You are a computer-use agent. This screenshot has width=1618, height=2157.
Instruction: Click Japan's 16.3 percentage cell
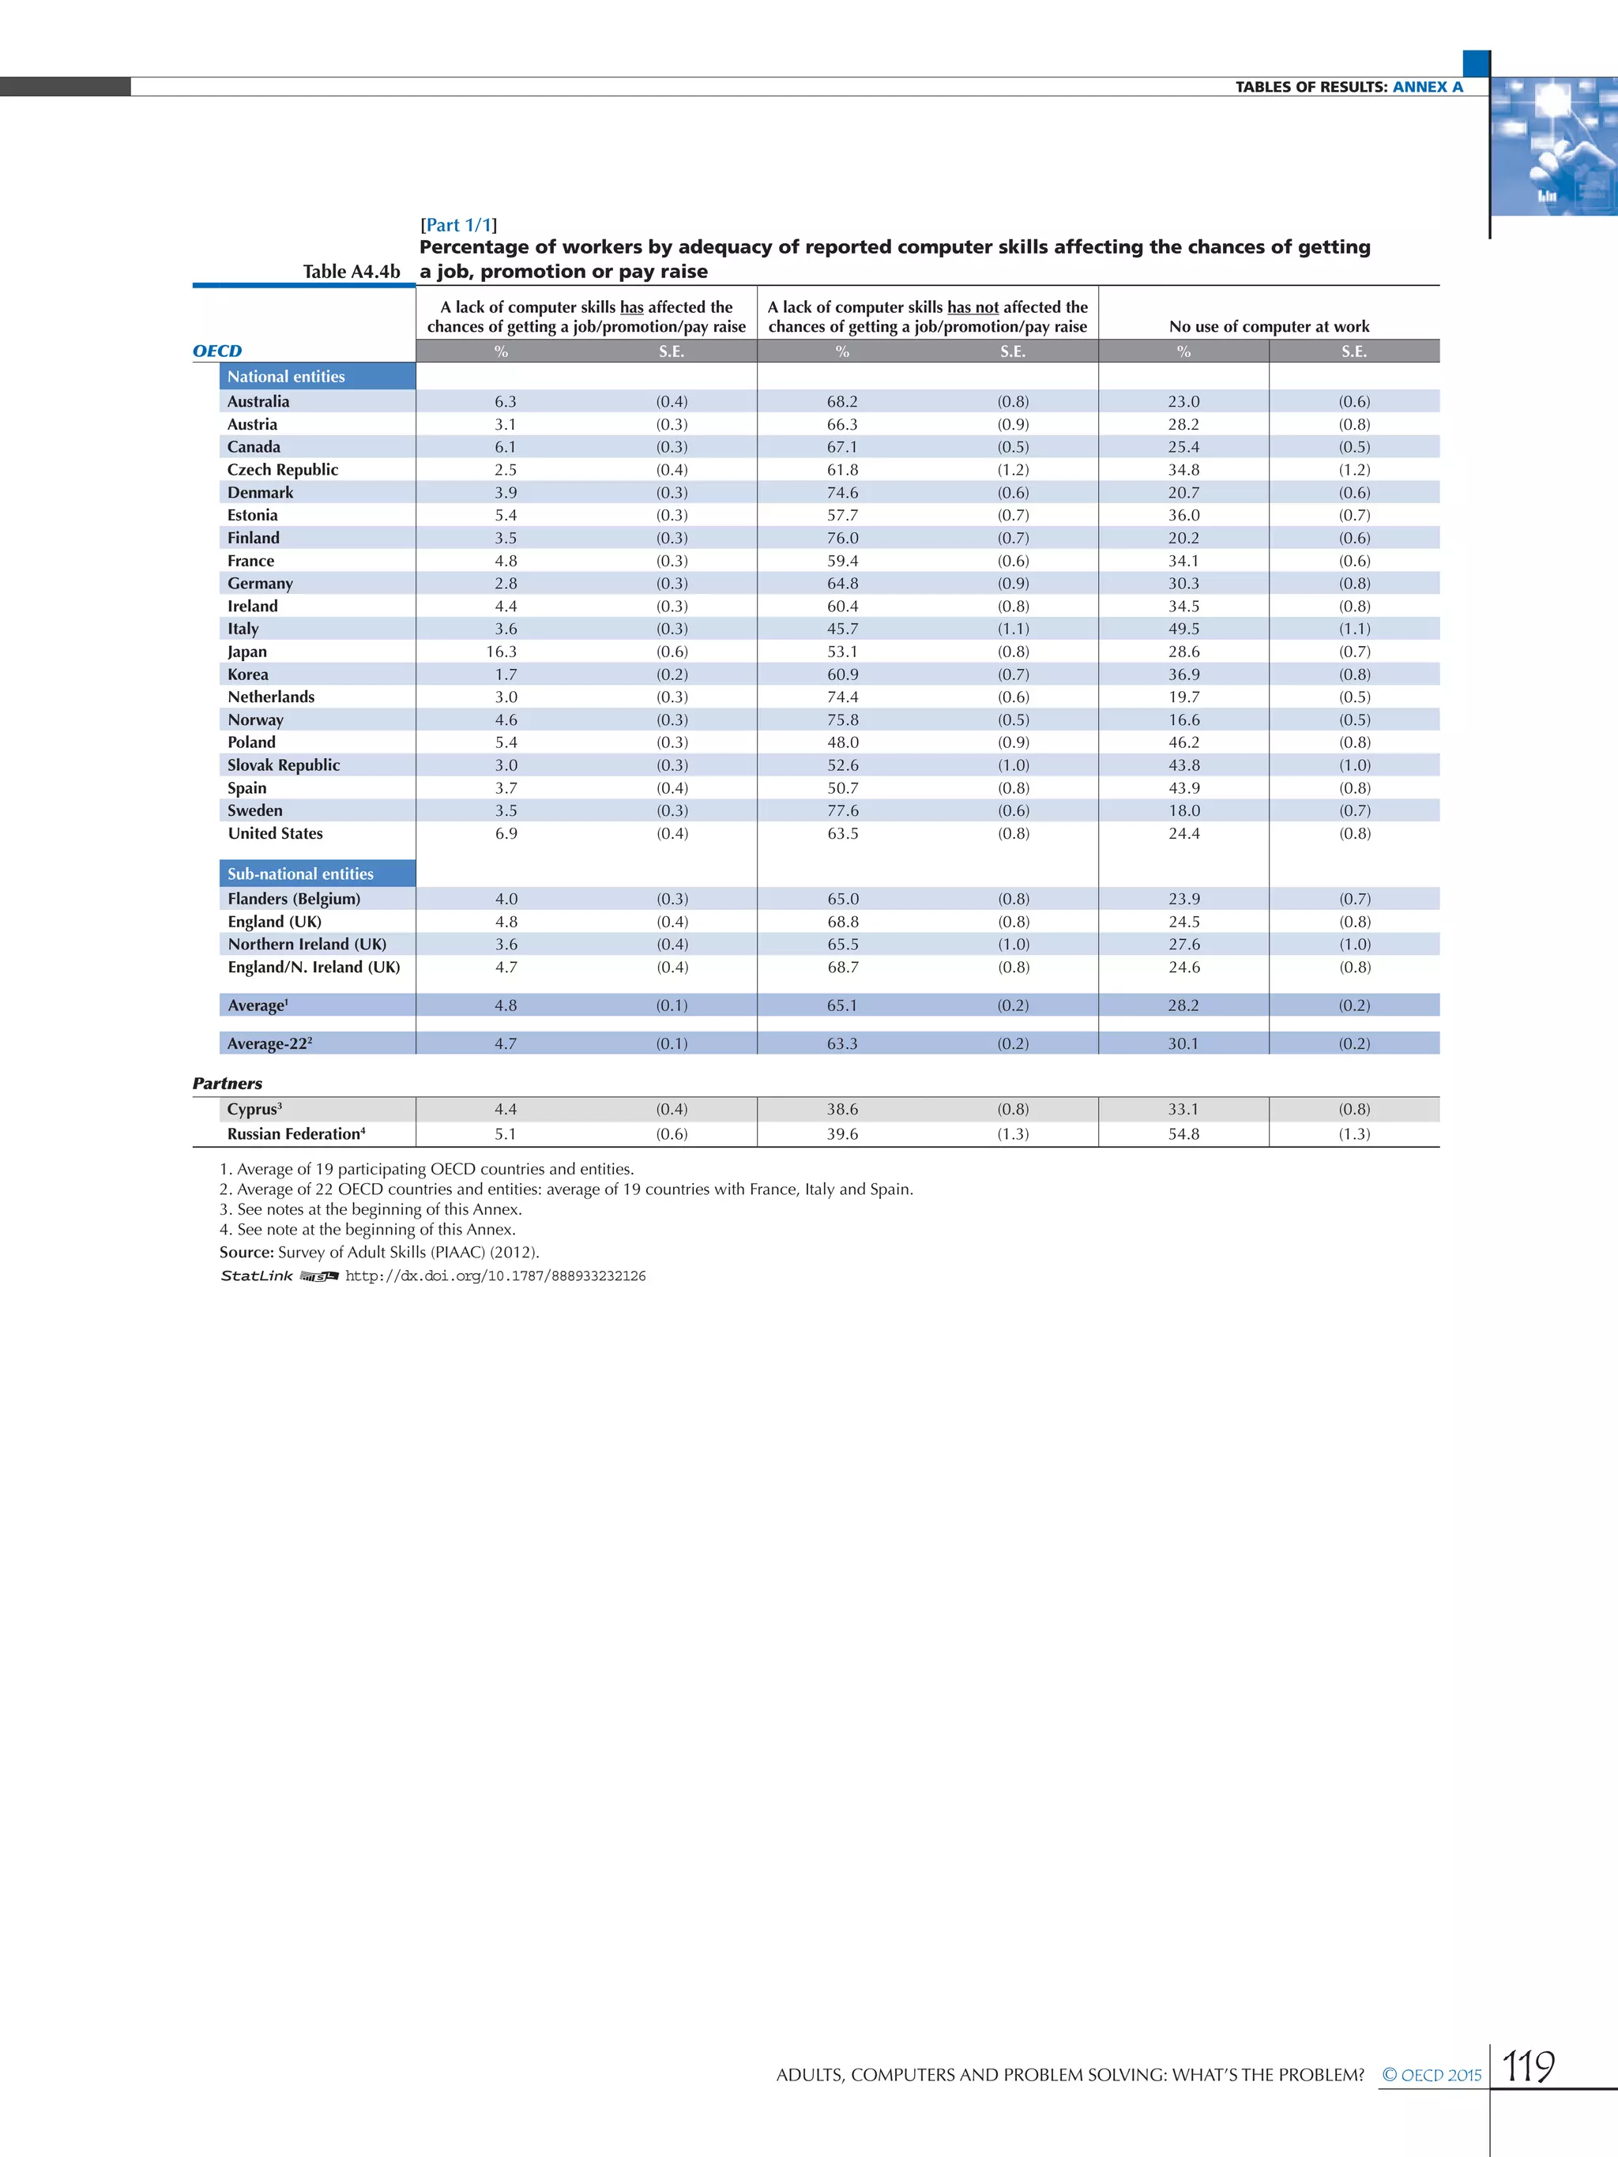coord(505,652)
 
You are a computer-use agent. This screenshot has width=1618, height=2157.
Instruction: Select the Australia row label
coord(258,402)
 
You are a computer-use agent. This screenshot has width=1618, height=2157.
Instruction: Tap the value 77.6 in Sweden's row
coord(843,810)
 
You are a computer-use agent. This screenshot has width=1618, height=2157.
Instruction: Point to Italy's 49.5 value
coord(1183,629)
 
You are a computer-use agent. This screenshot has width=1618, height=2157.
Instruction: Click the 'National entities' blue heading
coord(286,377)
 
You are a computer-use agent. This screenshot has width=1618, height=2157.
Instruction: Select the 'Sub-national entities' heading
coord(300,874)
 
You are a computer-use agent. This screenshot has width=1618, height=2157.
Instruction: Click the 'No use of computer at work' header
coord(1269,327)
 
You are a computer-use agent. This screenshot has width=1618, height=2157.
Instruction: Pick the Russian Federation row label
coord(295,1134)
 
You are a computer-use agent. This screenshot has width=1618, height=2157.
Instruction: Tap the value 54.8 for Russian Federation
coord(1183,1134)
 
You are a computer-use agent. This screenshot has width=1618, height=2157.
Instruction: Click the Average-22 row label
coord(270,1043)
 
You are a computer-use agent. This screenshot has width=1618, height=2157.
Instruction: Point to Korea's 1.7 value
coord(505,675)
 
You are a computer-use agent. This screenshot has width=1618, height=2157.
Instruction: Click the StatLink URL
coord(495,1276)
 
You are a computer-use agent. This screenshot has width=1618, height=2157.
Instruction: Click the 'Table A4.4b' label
coord(351,272)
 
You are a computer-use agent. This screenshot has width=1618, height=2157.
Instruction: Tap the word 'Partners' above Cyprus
coord(228,1084)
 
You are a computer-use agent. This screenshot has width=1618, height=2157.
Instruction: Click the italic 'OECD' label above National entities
coord(217,351)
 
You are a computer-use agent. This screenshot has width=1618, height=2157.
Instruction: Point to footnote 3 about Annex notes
coord(371,1209)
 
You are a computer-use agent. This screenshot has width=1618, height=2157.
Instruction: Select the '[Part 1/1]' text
coord(458,225)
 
